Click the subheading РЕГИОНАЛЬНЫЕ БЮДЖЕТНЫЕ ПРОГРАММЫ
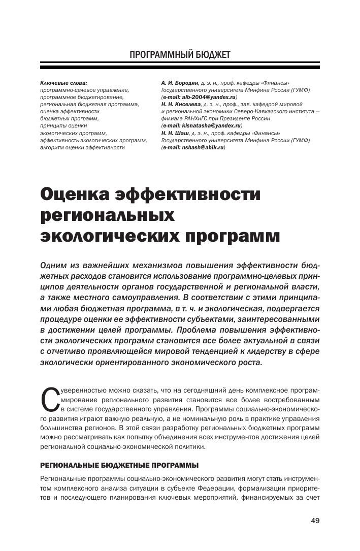pos(118,465)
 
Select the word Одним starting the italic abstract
pos(53,266)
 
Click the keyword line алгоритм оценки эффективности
pos(82,147)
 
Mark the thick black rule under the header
pos(180,67)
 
